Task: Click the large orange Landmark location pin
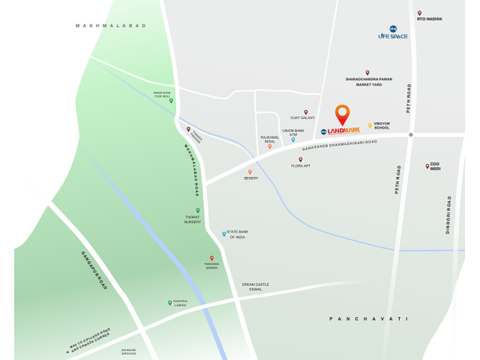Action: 342,115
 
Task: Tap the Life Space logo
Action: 393,33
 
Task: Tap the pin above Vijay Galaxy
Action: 306,112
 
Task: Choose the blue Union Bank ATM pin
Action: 293,139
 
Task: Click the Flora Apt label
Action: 301,165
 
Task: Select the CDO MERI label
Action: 435,166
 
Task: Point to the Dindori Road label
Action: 448,215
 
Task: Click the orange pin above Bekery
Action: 250,172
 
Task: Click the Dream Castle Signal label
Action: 255,287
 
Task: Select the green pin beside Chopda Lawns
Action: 170,303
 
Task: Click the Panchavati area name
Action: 368,319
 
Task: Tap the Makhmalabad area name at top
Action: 110,26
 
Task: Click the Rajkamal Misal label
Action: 269,139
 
